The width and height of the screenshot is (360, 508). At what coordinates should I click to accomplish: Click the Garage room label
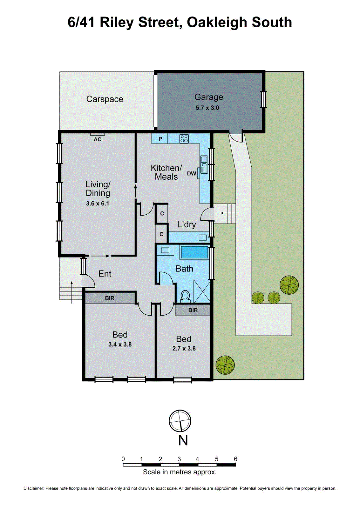click(209, 97)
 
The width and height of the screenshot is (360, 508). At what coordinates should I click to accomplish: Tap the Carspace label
click(105, 99)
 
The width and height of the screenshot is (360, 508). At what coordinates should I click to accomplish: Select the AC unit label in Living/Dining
click(97, 139)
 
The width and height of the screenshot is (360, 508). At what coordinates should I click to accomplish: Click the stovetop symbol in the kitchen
click(184, 139)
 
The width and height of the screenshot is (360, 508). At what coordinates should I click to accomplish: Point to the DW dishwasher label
click(191, 173)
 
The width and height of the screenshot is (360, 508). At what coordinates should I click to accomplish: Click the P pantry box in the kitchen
click(160, 139)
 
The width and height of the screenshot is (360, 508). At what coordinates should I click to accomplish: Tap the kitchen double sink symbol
click(204, 164)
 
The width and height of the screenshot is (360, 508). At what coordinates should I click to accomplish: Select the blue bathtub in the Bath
click(194, 252)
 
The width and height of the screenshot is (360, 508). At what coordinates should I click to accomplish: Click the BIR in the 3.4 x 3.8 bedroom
click(110, 298)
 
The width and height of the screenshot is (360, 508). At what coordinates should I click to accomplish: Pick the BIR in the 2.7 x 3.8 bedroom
click(193, 310)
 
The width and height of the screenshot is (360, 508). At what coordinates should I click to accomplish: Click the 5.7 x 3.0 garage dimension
click(207, 108)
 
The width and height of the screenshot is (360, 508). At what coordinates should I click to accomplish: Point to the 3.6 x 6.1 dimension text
click(98, 204)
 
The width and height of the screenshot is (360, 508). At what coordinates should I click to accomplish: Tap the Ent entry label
click(105, 274)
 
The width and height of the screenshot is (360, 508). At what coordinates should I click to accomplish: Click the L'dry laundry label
click(187, 224)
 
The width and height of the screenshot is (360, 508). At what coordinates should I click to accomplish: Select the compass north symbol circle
click(180, 421)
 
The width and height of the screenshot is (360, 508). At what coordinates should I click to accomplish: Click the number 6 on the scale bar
click(235, 459)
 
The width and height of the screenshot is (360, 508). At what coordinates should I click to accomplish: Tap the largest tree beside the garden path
click(289, 285)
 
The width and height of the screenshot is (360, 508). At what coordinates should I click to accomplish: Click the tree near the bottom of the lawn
click(225, 364)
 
